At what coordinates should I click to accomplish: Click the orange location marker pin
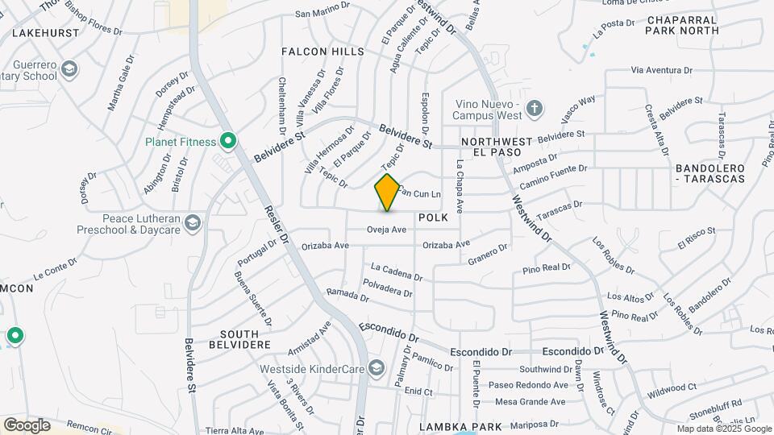point(388,192)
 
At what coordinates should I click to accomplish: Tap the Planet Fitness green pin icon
point(228,143)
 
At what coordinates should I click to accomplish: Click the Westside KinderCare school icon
point(375,369)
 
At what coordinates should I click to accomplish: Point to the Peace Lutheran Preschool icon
point(192,222)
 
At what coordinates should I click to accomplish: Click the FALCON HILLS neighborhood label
point(322,52)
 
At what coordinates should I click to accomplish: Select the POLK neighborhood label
point(433,218)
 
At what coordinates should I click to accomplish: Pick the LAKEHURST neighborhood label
point(46,34)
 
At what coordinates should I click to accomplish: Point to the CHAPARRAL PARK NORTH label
point(681,24)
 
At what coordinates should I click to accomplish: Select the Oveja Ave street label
point(386,230)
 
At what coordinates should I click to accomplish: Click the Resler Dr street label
point(276,227)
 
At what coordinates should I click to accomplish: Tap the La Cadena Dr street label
point(396,271)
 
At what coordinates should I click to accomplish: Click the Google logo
point(27,425)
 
